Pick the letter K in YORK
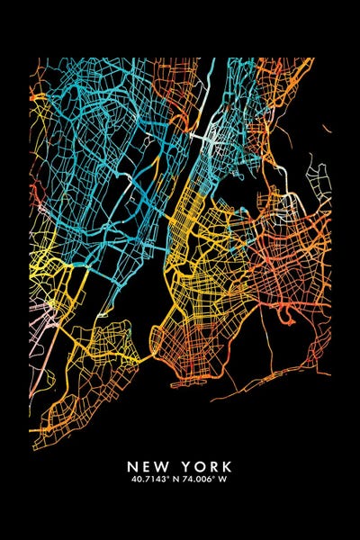click(227, 467)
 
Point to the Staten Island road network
click(90, 378)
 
